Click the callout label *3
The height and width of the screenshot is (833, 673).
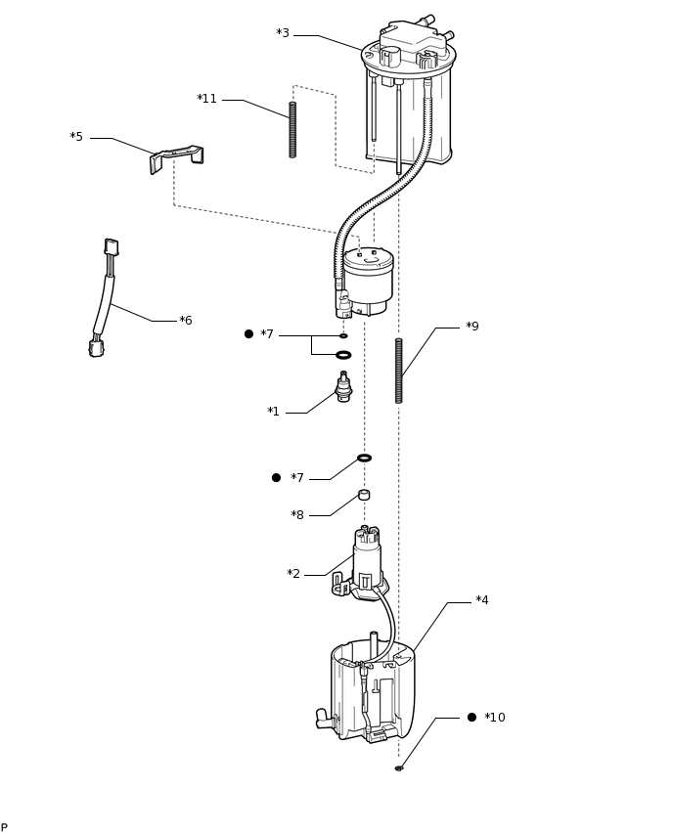click(283, 34)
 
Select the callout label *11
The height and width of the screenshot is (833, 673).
click(207, 99)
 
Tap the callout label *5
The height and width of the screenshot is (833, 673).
click(76, 137)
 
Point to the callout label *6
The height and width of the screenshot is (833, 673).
click(186, 321)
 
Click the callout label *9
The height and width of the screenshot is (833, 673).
click(472, 327)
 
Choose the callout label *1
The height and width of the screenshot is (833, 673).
click(274, 412)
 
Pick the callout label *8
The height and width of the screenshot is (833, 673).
click(297, 515)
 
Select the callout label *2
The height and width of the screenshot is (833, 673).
click(293, 574)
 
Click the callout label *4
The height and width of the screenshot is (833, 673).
click(482, 600)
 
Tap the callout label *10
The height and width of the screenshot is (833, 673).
click(495, 718)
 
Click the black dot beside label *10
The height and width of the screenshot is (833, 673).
click(471, 717)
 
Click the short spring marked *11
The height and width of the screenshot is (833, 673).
click(292, 129)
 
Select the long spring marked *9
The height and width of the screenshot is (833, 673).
click(399, 371)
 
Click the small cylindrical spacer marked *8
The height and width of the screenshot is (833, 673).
click(364, 495)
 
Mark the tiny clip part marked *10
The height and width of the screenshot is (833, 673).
click(399, 768)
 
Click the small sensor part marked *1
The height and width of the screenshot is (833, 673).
click(343, 387)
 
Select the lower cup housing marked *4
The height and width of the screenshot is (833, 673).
click(372, 689)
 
